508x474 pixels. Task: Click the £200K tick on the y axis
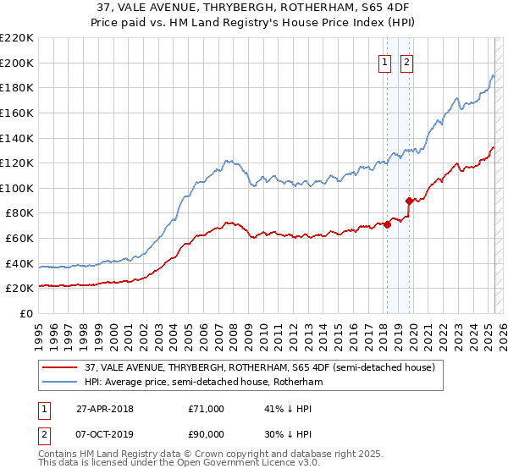16,63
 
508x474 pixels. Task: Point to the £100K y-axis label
16,188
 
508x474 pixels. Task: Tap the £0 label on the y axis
25,313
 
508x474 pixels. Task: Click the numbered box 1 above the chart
385,62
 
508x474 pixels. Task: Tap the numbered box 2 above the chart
407,62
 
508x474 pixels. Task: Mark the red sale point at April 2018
387,224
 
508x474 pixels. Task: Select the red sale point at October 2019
408,201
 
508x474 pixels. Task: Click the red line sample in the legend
58,367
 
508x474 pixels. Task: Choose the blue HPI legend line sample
58,383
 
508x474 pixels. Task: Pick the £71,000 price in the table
206,409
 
